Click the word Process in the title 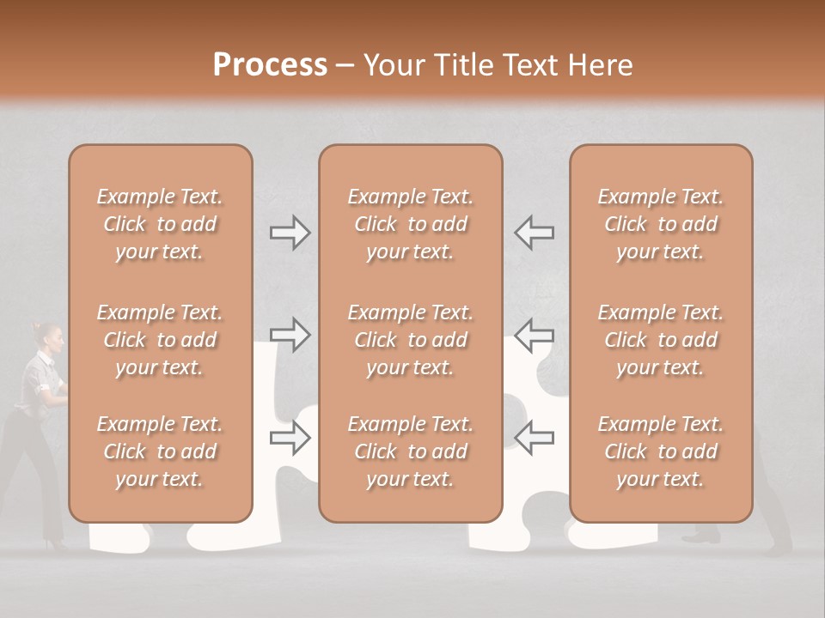pyautogui.click(x=270, y=65)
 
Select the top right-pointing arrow pyautogui.click(x=290, y=233)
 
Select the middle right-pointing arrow pyautogui.click(x=290, y=336)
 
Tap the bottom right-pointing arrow pyautogui.click(x=290, y=438)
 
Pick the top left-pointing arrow pyautogui.click(x=534, y=233)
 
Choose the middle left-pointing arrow pyautogui.click(x=534, y=336)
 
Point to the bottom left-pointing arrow pyautogui.click(x=534, y=438)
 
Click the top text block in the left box pyautogui.click(x=160, y=224)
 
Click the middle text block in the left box pyautogui.click(x=160, y=340)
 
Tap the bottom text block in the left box pyautogui.click(x=160, y=451)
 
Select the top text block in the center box pyautogui.click(x=411, y=224)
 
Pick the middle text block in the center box pyautogui.click(x=411, y=340)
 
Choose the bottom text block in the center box pyautogui.click(x=411, y=451)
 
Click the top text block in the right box pyautogui.click(x=661, y=224)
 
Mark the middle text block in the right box pyautogui.click(x=661, y=340)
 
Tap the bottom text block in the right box pyautogui.click(x=661, y=451)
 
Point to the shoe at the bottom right pyautogui.click(x=700, y=536)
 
